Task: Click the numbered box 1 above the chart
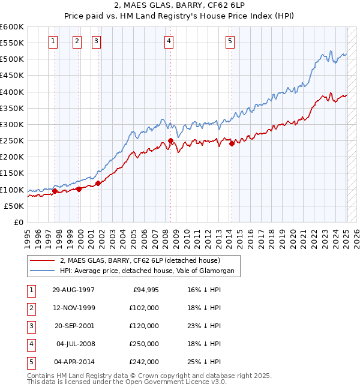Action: pos(53,41)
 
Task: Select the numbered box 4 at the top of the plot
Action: pos(169,41)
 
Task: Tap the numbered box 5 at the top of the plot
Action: pos(230,41)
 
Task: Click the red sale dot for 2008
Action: pos(170,141)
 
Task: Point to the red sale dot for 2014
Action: pos(232,143)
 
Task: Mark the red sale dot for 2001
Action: pos(98,183)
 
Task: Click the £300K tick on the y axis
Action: pos(11,124)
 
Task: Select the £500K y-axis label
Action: pos(11,59)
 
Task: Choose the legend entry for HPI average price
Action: pos(150,271)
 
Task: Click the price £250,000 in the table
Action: pos(144,344)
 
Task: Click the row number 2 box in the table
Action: pos(30,308)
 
